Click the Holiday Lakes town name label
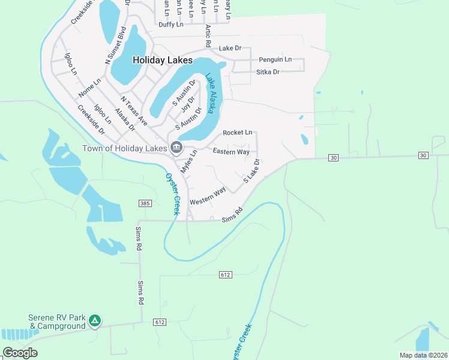(162, 61)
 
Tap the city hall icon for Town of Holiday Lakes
(176, 147)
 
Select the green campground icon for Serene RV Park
(94, 321)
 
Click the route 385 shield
(144, 204)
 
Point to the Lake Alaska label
(211, 94)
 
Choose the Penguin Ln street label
(275, 59)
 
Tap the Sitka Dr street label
(268, 72)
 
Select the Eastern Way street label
(231, 152)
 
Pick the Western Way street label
(208, 196)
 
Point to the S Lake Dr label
(251, 171)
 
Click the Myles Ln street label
(188, 162)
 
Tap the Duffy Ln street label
(170, 25)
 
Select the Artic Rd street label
(208, 36)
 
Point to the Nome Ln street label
(89, 88)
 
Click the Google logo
(20, 353)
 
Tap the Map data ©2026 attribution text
(423, 355)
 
